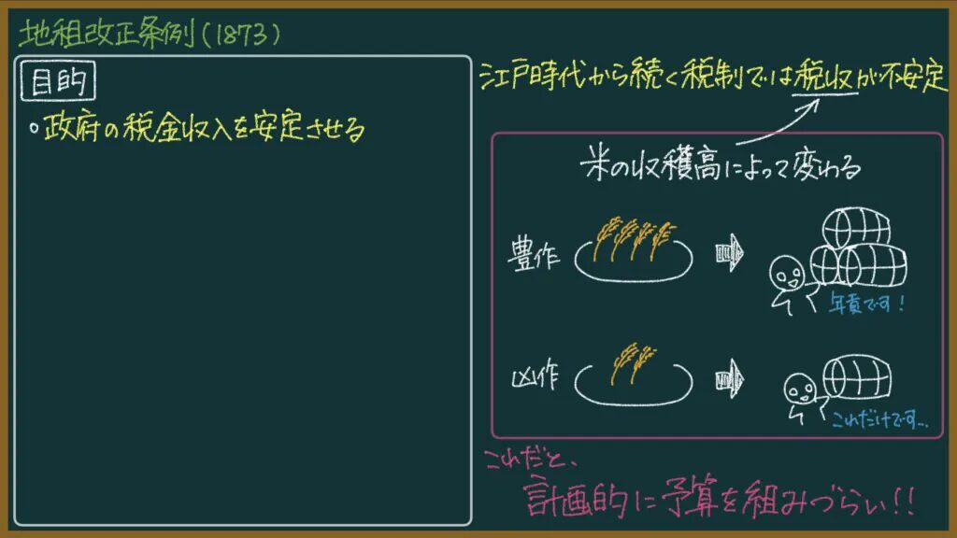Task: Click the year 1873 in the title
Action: click(242, 35)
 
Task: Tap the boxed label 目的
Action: click(58, 80)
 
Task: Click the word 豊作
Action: click(534, 254)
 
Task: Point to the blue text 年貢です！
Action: click(866, 303)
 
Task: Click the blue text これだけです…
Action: click(879, 419)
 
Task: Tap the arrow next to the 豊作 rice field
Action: click(730, 252)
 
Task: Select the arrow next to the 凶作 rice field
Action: click(730, 380)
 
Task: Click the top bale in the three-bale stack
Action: click(856, 227)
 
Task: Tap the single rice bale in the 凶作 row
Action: click(857, 377)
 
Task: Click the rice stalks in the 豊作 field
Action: click(635, 238)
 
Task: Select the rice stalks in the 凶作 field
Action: click(635, 363)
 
